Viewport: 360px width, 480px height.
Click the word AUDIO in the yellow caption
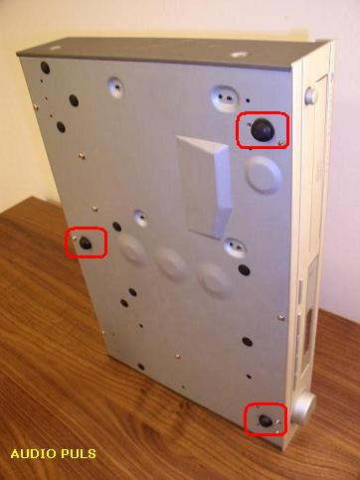click(33, 453)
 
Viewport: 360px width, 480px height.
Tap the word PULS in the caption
click(78, 453)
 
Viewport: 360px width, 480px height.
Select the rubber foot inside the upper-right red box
click(262, 129)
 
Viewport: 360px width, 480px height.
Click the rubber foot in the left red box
click(86, 243)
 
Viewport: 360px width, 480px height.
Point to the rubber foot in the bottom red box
click(266, 420)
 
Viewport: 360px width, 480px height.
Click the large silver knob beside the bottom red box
click(303, 408)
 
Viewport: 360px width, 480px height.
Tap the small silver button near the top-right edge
click(311, 94)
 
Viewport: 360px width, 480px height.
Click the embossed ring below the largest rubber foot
click(264, 175)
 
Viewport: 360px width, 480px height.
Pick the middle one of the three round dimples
click(171, 263)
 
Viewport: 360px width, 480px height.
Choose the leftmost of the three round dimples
click(132, 249)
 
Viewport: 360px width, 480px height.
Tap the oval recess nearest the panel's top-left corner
click(115, 87)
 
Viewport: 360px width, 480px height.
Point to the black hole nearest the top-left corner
click(46, 68)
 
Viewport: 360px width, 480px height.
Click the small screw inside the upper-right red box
click(281, 142)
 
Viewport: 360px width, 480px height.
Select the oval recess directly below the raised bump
click(235, 247)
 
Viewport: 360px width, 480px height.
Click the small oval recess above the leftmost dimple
click(141, 219)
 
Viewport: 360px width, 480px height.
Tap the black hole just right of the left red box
click(117, 227)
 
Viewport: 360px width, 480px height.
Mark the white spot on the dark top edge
click(240, 54)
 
